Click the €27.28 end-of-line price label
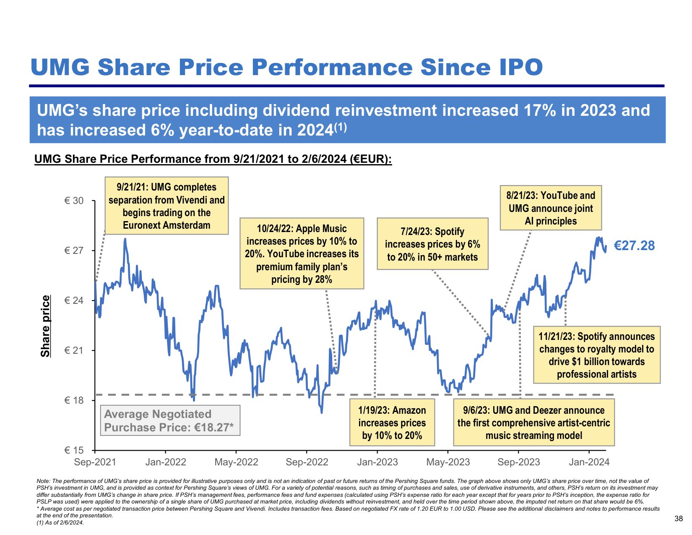(x=634, y=245)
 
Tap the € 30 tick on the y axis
(x=74, y=201)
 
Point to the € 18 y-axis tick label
(x=74, y=400)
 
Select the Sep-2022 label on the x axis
(x=307, y=462)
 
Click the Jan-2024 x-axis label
(x=589, y=462)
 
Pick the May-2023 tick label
(x=448, y=462)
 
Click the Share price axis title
(x=46, y=326)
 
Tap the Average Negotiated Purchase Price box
(x=170, y=420)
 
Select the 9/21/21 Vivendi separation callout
(x=166, y=206)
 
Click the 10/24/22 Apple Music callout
(x=302, y=253)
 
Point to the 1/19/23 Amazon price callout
(x=392, y=422)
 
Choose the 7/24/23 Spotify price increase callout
(x=432, y=244)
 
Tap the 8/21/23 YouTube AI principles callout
(x=551, y=208)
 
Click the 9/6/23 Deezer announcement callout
(x=534, y=422)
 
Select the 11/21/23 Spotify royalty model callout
(x=596, y=355)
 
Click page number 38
(x=678, y=519)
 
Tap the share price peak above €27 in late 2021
(x=125, y=239)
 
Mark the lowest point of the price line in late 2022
(x=321, y=412)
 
